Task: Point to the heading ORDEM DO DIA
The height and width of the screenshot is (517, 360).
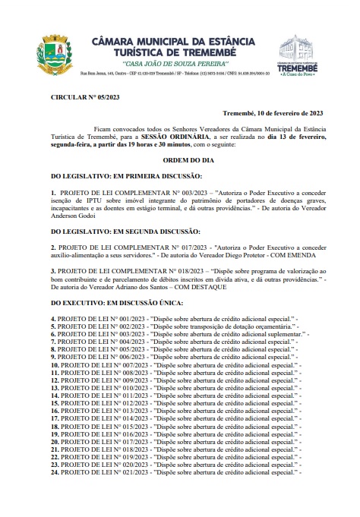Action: point(178,162)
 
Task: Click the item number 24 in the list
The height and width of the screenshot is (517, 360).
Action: point(55,494)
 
